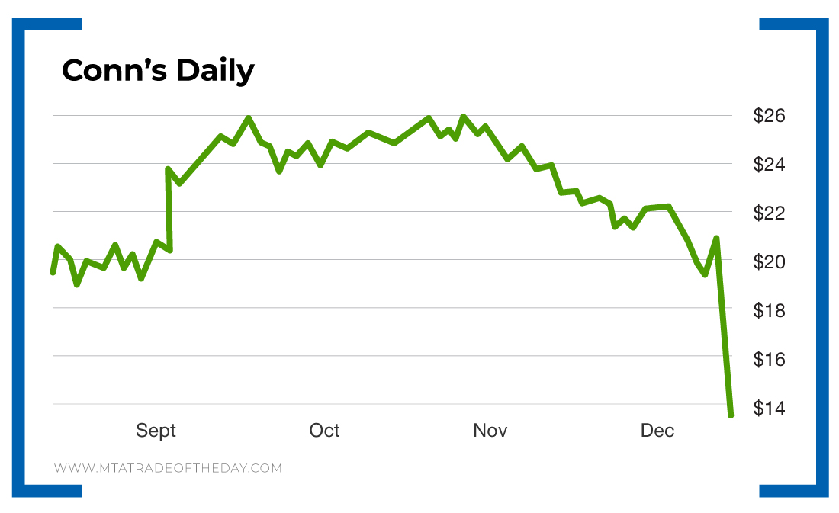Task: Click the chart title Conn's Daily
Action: pyautogui.click(x=158, y=71)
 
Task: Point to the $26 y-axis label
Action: pyautogui.click(x=769, y=116)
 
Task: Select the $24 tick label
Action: pyautogui.click(x=769, y=164)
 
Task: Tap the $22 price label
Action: pyautogui.click(x=769, y=213)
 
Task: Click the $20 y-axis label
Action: pyautogui.click(x=769, y=261)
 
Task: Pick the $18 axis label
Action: pyautogui.click(x=769, y=309)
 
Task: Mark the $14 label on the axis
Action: pyautogui.click(x=769, y=407)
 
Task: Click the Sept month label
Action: pyautogui.click(x=156, y=431)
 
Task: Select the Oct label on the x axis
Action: pyautogui.click(x=324, y=431)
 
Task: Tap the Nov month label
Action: pyautogui.click(x=490, y=431)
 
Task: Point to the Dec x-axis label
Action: pyautogui.click(x=657, y=431)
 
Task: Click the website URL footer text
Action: pyautogui.click(x=168, y=467)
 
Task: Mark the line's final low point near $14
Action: pyautogui.click(x=731, y=415)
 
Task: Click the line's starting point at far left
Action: pyautogui.click(x=53, y=272)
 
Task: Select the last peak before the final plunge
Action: pyautogui.click(x=716, y=238)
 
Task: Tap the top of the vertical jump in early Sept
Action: pyautogui.click(x=168, y=169)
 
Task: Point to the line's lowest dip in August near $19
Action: pyautogui.click(x=77, y=284)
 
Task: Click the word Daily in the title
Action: pyautogui.click(x=214, y=71)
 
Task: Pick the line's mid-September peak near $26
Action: pyautogui.click(x=249, y=118)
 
